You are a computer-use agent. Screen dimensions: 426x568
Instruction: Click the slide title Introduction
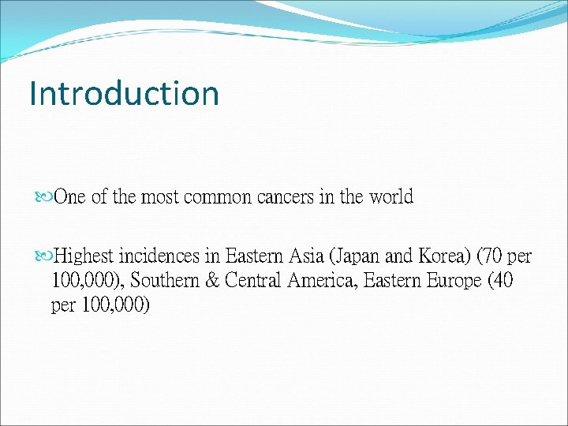coord(124,93)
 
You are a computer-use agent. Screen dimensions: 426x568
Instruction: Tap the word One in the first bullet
coord(71,197)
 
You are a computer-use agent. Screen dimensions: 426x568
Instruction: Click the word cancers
coord(287,197)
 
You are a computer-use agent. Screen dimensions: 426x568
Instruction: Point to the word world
coord(391,197)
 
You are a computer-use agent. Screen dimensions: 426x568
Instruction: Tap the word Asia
coord(303,257)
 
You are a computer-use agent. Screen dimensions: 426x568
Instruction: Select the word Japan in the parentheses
coord(356,257)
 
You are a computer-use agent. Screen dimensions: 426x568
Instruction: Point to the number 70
coord(491,257)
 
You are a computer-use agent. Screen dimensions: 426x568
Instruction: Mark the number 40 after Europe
coord(500,281)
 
